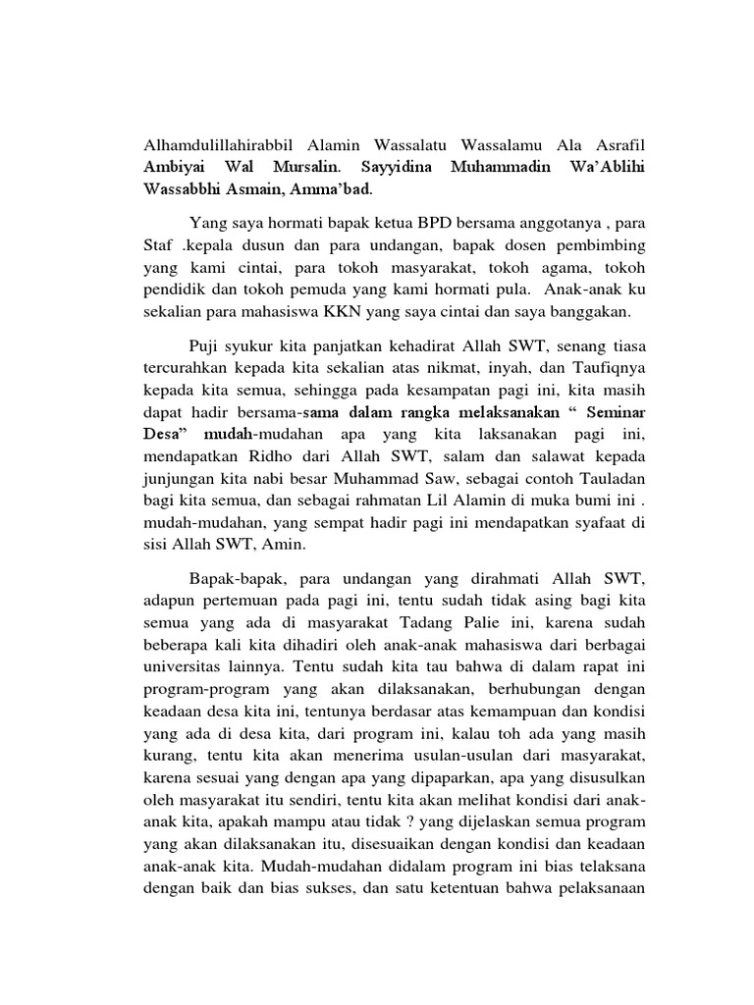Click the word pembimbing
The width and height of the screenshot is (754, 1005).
tap(599, 245)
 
